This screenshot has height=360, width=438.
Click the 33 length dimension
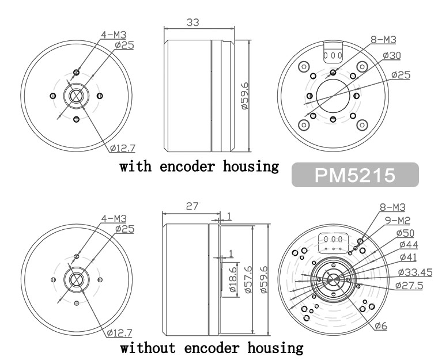coord(192,22)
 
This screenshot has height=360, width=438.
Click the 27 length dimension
coord(192,206)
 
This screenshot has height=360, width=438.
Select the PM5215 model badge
coord(355,175)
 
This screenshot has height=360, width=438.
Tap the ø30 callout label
coord(392,55)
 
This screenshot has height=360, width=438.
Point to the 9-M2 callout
coord(398,221)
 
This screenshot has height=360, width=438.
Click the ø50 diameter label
coord(405,233)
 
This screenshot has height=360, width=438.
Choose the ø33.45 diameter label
coord(415,272)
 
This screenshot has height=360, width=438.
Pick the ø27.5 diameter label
coord(409,286)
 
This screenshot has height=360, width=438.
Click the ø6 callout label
coord(381,325)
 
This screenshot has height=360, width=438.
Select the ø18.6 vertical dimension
coord(233,279)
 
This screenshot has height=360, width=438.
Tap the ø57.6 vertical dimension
coord(248,279)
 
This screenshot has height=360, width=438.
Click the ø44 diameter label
coord(409,245)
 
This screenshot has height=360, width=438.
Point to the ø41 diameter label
coord(408,257)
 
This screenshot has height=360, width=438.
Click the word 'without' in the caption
coord(148,348)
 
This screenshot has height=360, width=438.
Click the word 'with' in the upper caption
coord(136,166)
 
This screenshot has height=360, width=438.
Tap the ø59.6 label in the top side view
coord(244,96)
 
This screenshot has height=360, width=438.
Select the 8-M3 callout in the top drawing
coord(383,40)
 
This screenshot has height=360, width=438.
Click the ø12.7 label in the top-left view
coord(123,148)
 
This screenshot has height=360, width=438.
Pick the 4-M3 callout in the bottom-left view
coord(114,218)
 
